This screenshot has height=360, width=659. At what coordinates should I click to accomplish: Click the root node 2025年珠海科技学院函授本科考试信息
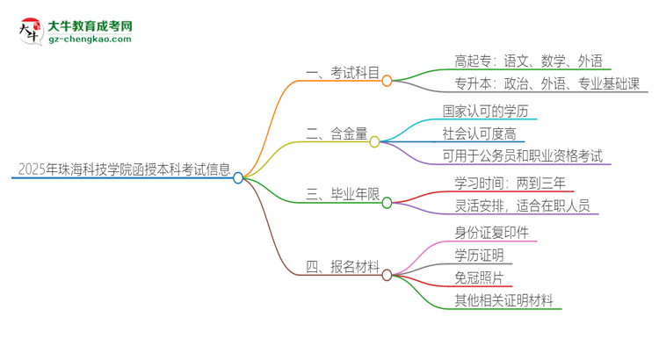121,169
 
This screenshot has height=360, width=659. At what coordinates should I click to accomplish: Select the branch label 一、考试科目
341,76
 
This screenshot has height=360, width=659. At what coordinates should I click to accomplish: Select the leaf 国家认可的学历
489,112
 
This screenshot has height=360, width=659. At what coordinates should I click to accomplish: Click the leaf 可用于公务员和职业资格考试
523,156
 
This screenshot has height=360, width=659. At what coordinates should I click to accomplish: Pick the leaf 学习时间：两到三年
510,184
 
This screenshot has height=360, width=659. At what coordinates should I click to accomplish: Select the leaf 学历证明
479,256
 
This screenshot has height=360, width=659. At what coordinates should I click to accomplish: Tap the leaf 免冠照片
479,277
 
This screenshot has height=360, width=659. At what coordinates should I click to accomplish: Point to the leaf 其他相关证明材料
503,300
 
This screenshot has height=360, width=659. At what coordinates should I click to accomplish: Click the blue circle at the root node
238,177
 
